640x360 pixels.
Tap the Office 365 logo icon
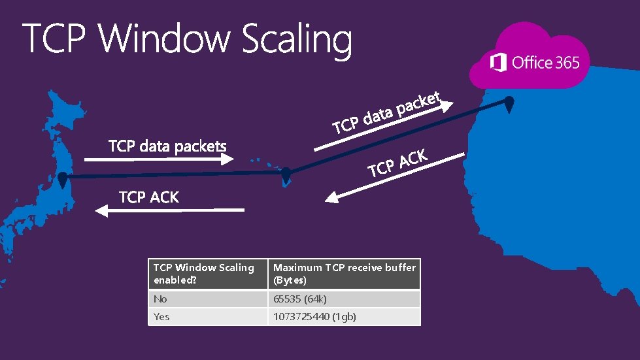pos(498,63)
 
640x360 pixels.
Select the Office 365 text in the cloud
pos(546,63)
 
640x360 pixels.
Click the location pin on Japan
pos(62,179)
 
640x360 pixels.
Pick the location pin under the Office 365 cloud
pos(509,103)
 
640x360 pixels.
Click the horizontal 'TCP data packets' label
pos(167,146)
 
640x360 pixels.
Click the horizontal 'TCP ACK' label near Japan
pos(148,197)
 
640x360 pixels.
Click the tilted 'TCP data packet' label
pos(388,112)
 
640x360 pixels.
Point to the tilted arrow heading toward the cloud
pos(383,127)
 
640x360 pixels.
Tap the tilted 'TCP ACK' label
pos(397,163)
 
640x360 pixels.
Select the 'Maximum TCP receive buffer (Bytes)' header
pos(345,274)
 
